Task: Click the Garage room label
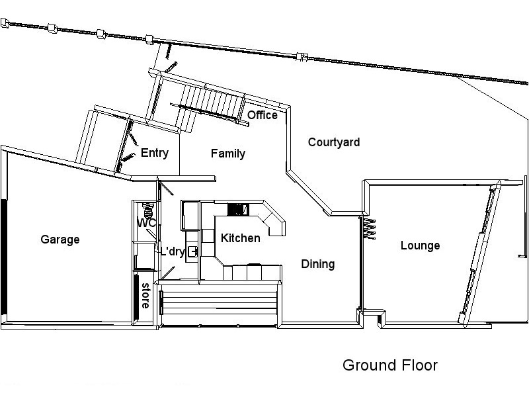[60, 240]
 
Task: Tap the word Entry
[155, 154]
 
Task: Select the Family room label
[228, 154]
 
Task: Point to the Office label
[263, 116]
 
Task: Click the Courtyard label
[334, 142]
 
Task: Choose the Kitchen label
[241, 238]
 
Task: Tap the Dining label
[318, 264]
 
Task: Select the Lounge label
[420, 246]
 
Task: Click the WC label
[145, 224]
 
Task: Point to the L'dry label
[173, 251]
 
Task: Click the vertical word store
[144, 296]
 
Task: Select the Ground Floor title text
[390, 365]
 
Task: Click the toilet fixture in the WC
[149, 211]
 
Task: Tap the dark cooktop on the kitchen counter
[236, 210]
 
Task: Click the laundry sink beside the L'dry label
[192, 251]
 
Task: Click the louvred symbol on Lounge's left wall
[369, 228]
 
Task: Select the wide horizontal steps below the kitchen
[218, 304]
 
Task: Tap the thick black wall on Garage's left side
[5, 258]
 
